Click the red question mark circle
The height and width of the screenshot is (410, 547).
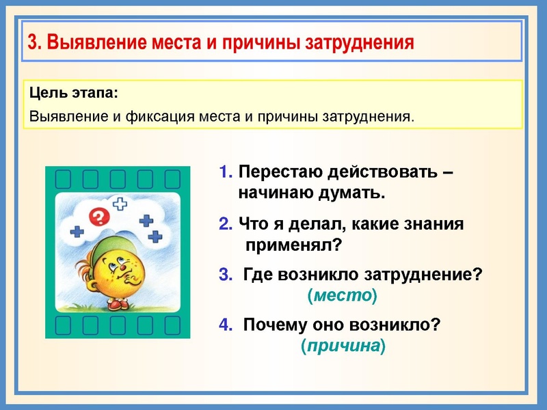pos(100,217)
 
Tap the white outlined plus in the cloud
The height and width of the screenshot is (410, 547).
pos(120,204)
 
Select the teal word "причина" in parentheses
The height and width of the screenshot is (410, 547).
pos(343,346)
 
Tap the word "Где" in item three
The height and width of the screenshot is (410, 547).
pos(257,274)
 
